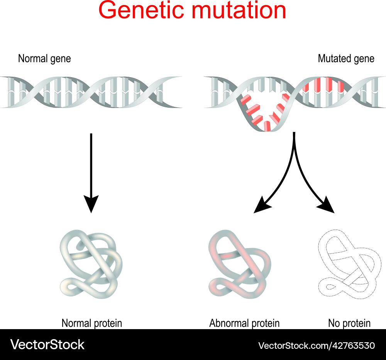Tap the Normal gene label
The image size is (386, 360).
tap(44, 59)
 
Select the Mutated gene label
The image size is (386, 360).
tap(346, 59)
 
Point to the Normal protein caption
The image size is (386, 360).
tap(91, 323)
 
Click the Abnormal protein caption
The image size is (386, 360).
tap(244, 323)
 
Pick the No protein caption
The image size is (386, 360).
tap(349, 323)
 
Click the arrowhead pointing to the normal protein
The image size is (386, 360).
tap(91, 205)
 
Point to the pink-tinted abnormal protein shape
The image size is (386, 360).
tap(239, 266)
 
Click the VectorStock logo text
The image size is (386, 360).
tap(47, 344)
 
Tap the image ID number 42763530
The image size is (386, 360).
tap(352, 345)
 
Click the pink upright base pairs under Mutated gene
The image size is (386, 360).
tap(323, 85)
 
